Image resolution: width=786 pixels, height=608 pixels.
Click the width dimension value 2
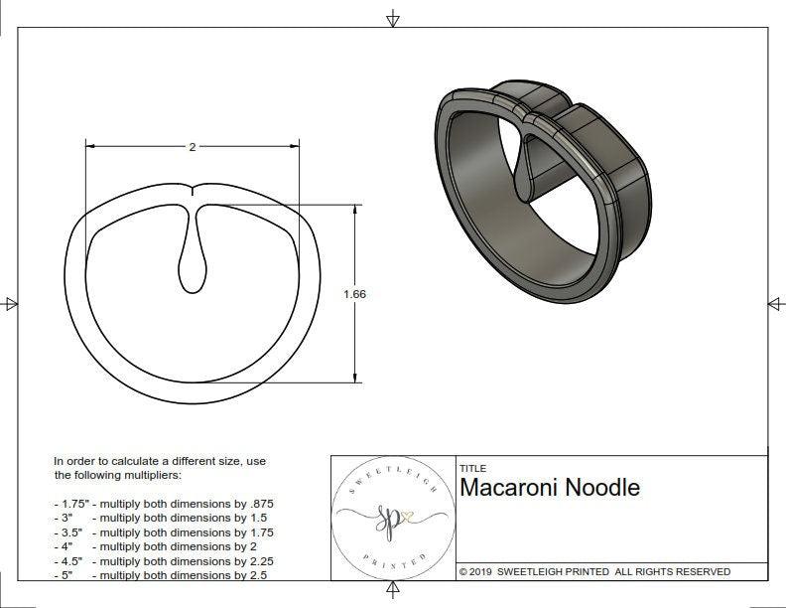tap(192, 147)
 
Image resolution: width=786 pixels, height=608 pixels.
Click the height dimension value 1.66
tap(355, 294)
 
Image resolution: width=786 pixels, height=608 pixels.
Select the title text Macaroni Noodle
tap(550, 488)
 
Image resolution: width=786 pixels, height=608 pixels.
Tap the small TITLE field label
tap(472, 468)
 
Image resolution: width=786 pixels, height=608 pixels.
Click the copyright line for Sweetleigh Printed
tap(594, 571)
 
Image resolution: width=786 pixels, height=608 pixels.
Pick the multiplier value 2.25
tap(261, 561)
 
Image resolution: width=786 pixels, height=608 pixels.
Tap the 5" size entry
tap(67, 575)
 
